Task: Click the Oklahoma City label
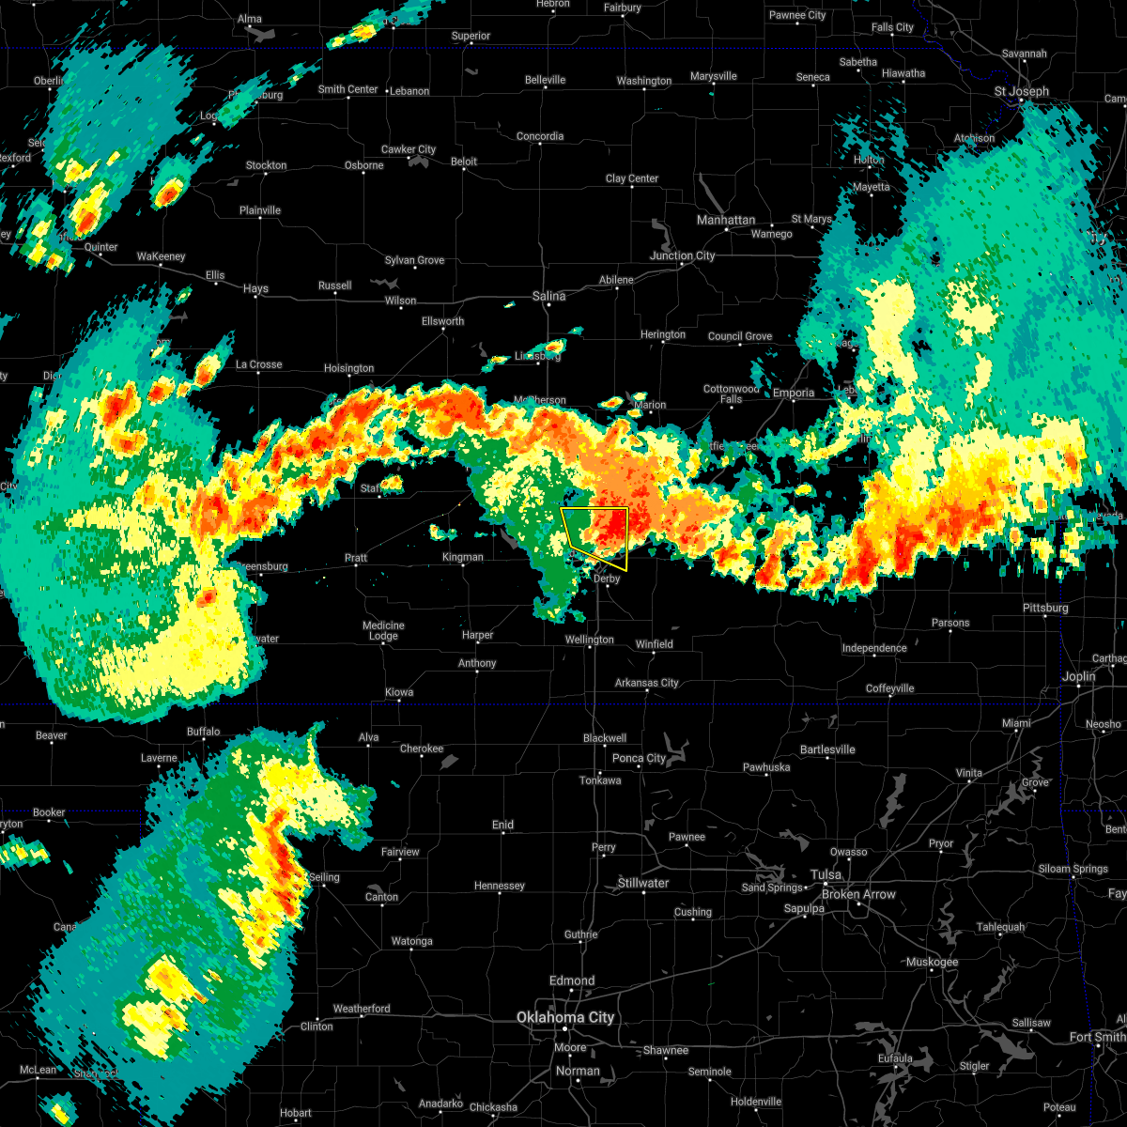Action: tap(565, 1017)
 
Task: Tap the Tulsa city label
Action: tap(826, 874)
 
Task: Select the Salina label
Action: tap(549, 296)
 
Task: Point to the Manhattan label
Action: tap(726, 220)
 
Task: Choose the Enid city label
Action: tap(503, 825)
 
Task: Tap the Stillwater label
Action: tap(643, 883)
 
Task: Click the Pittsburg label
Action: tap(1045, 608)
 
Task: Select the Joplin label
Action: tap(1079, 676)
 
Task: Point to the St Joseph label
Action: tap(1022, 91)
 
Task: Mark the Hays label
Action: tap(255, 289)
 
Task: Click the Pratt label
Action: tap(356, 558)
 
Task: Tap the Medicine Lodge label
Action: tap(383, 631)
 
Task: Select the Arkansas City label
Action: tap(647, 683)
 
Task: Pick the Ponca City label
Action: tap(640, 758)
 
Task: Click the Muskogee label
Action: tap(933, 962)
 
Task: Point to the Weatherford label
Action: tap(362, 1009)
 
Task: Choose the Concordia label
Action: tap(540, 136)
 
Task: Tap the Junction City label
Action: tap(683, 255)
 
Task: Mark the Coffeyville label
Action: tap(890, 688)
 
